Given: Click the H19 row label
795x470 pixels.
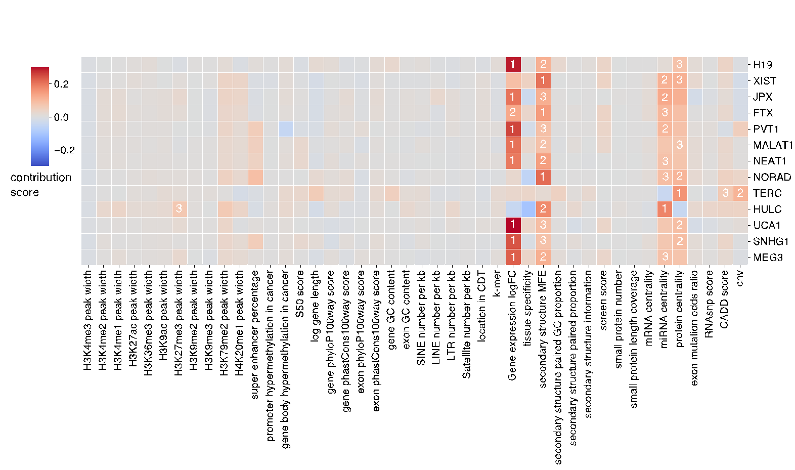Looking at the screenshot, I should point(762,64).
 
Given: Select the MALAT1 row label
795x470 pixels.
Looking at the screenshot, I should point(773,145).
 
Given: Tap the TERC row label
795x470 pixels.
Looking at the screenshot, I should point(767,193).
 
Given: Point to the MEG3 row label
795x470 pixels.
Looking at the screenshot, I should point(767,257).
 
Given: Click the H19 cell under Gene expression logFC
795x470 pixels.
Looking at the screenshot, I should point(513,64).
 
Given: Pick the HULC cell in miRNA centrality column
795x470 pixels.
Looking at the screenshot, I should point(665,209).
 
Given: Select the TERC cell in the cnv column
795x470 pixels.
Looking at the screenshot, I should point(740,193).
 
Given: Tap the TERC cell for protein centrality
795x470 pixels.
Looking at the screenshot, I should point(680,193).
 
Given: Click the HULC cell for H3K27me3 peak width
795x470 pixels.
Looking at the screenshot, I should point(179,209).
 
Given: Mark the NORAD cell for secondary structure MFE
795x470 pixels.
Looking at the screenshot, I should point(543,177).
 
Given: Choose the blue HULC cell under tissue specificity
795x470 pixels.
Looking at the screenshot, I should point(528,209).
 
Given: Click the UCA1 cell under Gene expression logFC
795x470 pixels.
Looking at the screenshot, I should point(513,225).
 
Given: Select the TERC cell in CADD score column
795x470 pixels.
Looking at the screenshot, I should point(725,193).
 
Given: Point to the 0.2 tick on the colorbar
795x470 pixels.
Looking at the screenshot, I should point(61,84).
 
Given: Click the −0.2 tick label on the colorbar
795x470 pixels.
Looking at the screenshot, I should point(64,150).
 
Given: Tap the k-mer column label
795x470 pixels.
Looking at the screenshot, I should point(497,284).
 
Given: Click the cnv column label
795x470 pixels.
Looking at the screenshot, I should point(740,278).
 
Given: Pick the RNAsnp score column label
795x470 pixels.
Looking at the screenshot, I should point(710,304).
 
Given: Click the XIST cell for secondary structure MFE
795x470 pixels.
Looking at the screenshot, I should point(543,80).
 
